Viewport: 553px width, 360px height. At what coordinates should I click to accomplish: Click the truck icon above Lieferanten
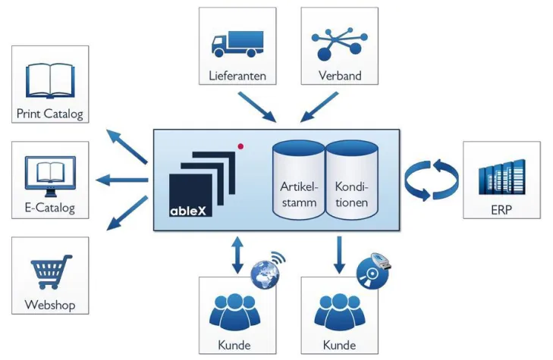pos(237,43)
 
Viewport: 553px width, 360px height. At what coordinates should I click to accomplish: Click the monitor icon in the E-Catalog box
pos(50,174)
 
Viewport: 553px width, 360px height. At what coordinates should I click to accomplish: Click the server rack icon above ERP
pos(501,176)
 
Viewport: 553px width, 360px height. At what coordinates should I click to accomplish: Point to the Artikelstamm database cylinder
pos(298,183)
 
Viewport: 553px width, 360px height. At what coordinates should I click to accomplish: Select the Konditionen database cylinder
pos(352,183)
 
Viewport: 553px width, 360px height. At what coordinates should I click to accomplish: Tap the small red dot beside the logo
pos(240,145)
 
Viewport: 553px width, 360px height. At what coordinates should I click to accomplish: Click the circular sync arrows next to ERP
pos(431,180)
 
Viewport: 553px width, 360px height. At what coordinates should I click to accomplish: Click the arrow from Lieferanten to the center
pos(257,106)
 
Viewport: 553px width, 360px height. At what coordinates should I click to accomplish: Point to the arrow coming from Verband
pos(319,106)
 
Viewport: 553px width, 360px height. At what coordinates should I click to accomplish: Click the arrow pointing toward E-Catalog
pos(121,180)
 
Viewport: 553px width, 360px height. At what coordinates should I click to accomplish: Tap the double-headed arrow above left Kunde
pos(237,255)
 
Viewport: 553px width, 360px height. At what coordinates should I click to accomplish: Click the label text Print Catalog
pos(50,115)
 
